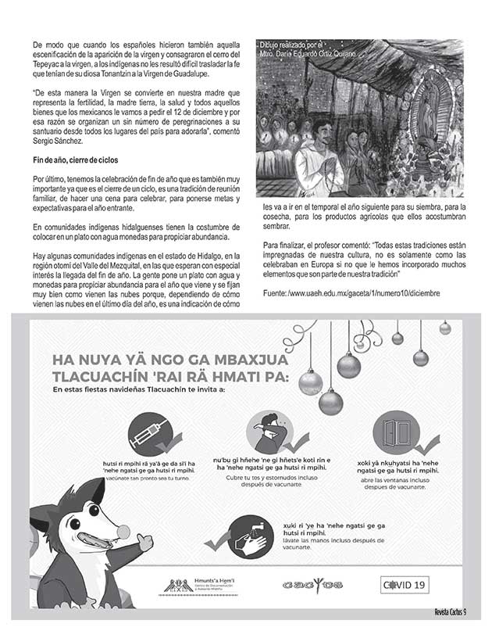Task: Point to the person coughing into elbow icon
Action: (267, 432)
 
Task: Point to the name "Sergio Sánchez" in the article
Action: (59, 144)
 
